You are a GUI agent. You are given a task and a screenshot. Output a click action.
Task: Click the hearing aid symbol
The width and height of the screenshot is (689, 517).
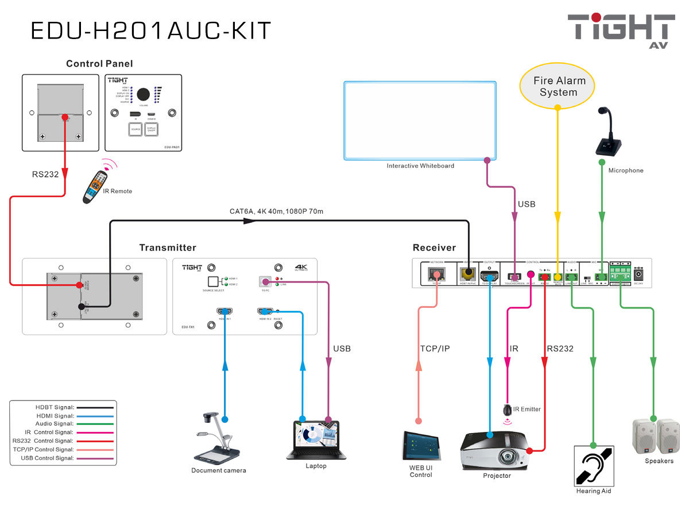(594, 465)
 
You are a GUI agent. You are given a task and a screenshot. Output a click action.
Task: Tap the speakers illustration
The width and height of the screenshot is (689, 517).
(656, 437)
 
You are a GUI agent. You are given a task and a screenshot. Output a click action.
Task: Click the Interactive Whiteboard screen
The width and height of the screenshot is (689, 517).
(420, 120)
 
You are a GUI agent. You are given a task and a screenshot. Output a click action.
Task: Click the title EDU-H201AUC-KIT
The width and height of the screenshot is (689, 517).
(151, 30)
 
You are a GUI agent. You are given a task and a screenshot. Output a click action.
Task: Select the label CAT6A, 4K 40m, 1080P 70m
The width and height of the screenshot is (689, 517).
(276, 211)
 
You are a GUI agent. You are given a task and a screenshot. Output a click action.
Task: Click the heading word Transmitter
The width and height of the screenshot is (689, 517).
(168, 248)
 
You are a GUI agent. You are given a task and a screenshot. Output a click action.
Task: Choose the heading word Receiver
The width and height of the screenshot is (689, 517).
(434, 248)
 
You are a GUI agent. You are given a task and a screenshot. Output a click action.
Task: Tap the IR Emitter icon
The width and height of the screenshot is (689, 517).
(508, 410)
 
